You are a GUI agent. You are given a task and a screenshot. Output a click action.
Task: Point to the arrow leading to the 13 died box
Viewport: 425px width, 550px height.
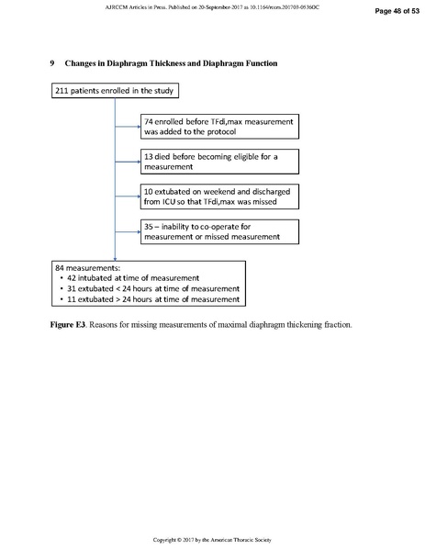[128, 162]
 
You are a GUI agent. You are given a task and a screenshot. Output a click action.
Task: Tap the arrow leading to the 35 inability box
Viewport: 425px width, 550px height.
[128, 230]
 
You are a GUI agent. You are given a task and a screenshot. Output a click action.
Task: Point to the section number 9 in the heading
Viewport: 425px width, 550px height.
[52, 63]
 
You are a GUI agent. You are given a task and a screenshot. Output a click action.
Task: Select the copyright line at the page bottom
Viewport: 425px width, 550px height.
[212, 537]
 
